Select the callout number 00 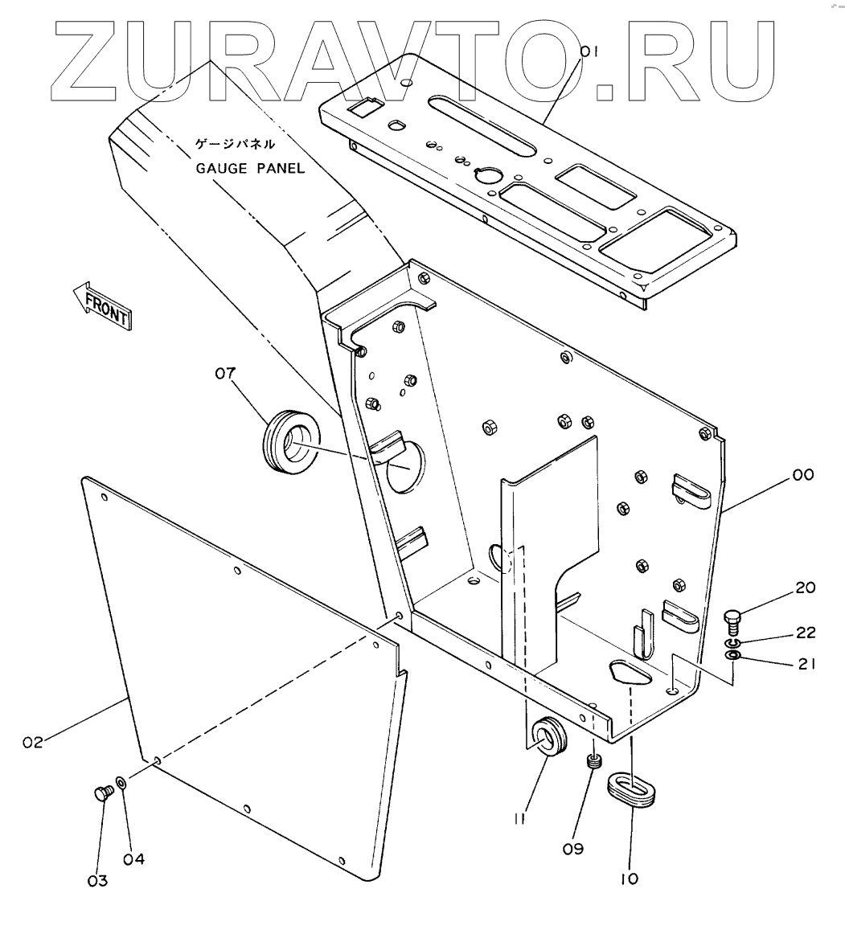(x=802, y=475)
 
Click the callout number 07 (x=227, y=373)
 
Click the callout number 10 (x=630, y=879)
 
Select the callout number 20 (x=805, y=588)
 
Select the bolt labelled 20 (x=732, y=620)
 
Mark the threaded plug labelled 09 (x=595, y=761)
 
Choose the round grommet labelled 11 (x=550, y=735)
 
